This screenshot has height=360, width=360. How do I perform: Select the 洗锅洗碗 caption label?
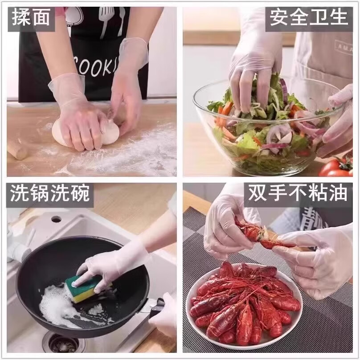pos(50,195)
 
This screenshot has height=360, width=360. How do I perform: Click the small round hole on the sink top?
pos(56,219)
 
